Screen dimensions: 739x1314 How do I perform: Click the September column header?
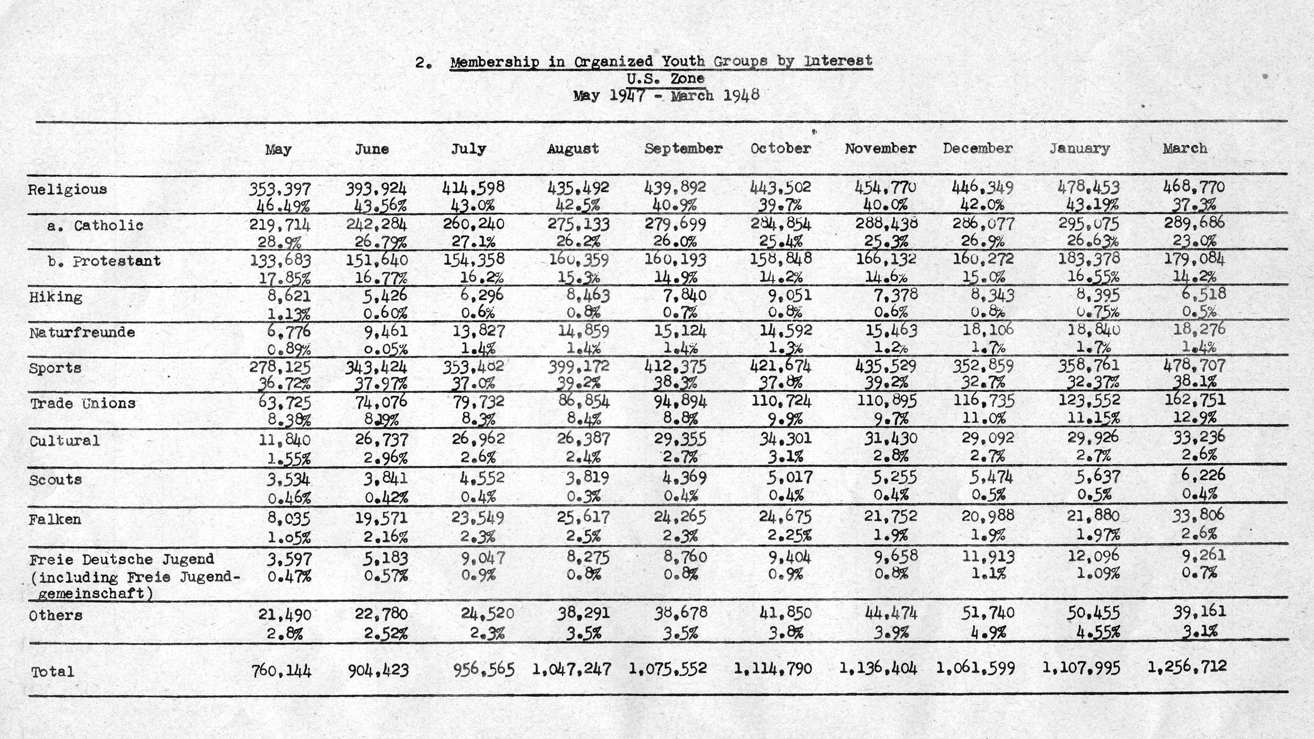tap(683, 148)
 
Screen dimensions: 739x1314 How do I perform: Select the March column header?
tap(1184, 148)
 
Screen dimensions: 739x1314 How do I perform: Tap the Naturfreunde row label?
tap(82, 333)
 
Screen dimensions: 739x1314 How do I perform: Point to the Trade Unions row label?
tap(82, 403)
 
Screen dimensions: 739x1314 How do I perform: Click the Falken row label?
tap(55, 519)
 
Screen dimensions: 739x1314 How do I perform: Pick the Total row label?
tap(52, 672)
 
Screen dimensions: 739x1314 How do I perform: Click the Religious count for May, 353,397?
tap(279, 188)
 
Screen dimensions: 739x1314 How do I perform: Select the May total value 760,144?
tap(281, 670)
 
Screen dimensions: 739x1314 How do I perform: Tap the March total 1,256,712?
tap(1187, 667)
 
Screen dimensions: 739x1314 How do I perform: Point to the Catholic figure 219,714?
tap(279, 224)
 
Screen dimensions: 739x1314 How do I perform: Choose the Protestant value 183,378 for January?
tap(1089, 259)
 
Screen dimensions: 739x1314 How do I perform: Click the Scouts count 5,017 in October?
tap(789, 476)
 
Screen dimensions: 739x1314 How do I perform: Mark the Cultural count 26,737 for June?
tap(381, 440)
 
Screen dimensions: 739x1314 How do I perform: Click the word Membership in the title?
tap(495, 62)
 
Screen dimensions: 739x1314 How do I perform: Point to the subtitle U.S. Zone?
tap(665, 79)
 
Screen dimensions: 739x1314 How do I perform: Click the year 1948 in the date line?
tap(741, 95)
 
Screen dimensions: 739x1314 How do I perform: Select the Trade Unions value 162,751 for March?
tap(1194, 400)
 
